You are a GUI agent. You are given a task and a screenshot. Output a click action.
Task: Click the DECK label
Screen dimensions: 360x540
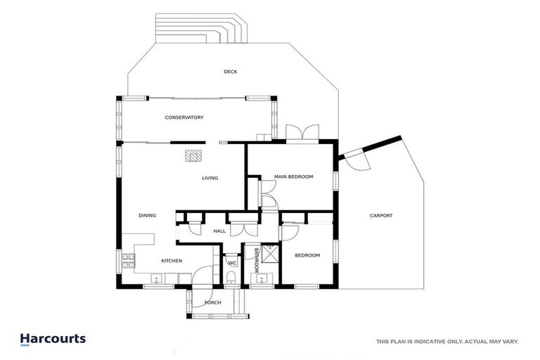pyautogui.click(x=230, y=72)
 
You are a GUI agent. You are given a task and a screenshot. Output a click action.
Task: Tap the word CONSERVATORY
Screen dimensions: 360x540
pyautogui.click(x=184, y=117)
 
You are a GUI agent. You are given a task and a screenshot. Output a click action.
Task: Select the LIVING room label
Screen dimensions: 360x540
pyautogui.click(x=210, y=178)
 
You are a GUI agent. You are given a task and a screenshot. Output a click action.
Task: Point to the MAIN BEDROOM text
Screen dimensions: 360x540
pyautogui.click(x=293, y=176)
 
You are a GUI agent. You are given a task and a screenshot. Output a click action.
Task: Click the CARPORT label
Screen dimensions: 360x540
pyautogui.click(x=381, y=216)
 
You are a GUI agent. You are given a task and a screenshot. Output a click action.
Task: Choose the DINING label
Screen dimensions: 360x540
pyautogui.click(x=147, y=216)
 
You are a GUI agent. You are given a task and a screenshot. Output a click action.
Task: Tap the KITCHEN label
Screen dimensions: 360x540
pyautogui.click(x=172, y=261)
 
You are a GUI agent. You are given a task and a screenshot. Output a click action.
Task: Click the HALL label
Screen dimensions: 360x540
pyautogui.click(x=219, y=231)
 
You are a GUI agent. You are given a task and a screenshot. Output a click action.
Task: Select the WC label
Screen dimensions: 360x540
pyautogui.click(x=231, y=264)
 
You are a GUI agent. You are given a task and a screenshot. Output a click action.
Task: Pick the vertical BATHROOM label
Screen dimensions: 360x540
pyautogui.click(x=257, y=260)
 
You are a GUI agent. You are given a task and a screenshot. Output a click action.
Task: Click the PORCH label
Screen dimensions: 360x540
pyautogui.click(x=212, y=303)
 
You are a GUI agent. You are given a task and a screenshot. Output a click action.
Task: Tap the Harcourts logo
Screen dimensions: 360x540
pyautogui.click(x=53, y=339)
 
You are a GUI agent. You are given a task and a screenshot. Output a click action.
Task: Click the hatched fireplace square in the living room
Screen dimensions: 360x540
pyautogui.click(x=193, y=156)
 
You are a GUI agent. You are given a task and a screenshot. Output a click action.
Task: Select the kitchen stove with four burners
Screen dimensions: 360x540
pyautogui.click(x=129, y=263)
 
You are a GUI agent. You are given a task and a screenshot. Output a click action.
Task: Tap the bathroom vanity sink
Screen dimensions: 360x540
pyautogui.click(x=263, y=280)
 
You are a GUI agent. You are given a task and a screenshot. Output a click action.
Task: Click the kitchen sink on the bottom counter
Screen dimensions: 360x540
pyautogui.click(x=156, y=280)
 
